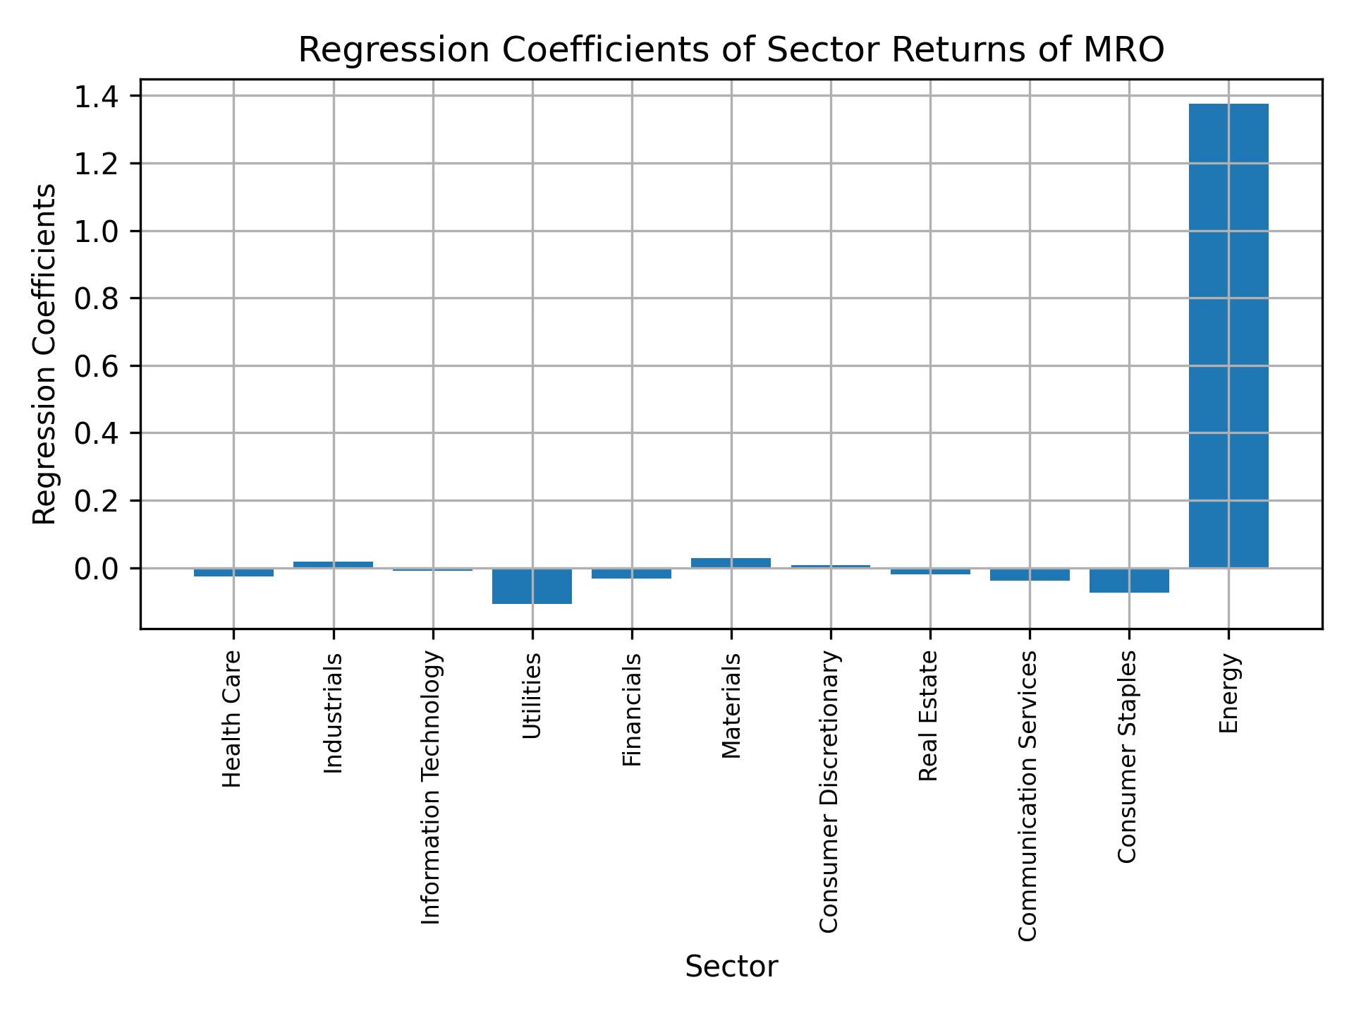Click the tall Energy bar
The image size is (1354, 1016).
1228,335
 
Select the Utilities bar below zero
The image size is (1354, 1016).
532,586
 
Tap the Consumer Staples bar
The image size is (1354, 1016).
1128,580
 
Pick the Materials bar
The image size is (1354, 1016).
731,563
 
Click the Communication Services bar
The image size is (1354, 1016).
1029,574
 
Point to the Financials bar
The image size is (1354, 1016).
631,574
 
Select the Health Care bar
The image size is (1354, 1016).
233,572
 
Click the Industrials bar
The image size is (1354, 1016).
333,564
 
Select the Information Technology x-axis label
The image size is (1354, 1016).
432,787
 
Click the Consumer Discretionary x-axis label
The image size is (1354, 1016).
829,792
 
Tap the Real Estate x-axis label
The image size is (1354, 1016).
929,715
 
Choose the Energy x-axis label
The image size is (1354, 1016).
1228,693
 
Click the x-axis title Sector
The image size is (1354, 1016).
731,967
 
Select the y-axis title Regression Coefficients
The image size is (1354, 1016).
45,354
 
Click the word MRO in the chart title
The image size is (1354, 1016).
1126,50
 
